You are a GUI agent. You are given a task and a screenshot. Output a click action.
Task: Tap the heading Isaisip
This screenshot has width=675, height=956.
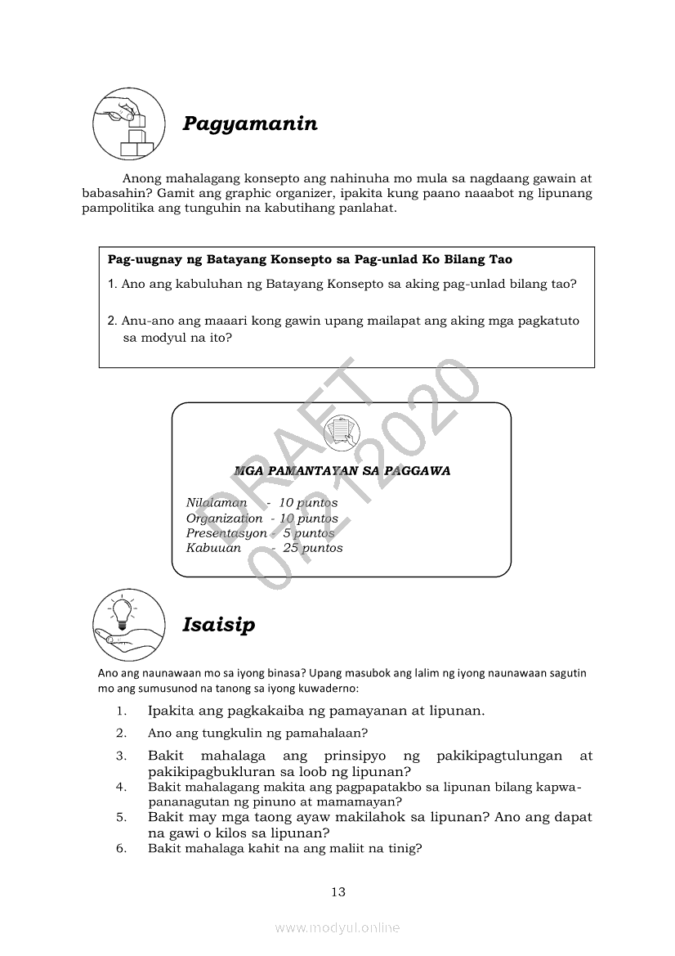tap(218, 625)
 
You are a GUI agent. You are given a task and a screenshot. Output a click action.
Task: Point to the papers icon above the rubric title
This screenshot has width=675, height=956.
tap(342, 430)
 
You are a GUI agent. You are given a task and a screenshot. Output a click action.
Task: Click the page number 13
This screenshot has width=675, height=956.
tap(338, 891)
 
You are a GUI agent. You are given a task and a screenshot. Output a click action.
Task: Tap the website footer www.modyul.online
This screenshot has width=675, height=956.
tap(337, 927)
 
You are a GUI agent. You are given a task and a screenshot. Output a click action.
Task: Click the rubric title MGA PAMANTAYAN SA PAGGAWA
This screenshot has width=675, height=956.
tap(342, 471)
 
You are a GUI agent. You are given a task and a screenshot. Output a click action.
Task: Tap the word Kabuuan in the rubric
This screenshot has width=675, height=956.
tap(213, 548)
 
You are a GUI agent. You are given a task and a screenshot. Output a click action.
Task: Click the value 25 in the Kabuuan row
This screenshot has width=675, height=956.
tap(291, 548)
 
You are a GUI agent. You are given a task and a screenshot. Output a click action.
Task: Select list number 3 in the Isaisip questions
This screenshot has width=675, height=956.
tap(121, 756)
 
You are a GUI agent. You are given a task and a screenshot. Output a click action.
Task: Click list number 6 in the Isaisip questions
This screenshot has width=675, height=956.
tap(121, 849)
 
